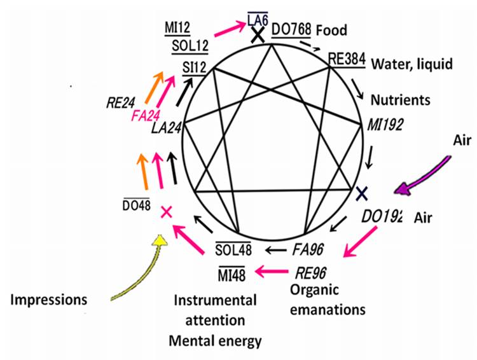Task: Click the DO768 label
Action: pos(290,29)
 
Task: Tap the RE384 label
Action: pos(347,59)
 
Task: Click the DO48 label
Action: pos(137,206)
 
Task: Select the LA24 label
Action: pos(167,128)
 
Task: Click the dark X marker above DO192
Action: pos(361,191)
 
